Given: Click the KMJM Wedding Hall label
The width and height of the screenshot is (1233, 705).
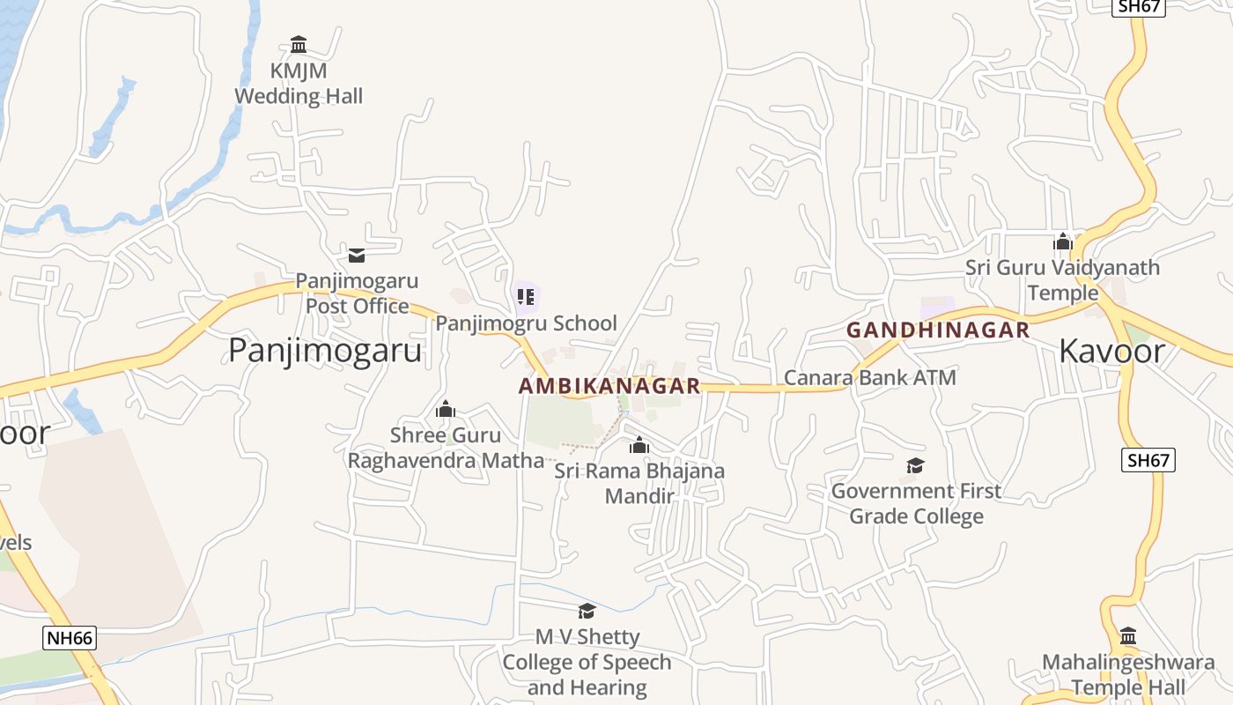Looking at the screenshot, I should pyautogui.click(x=298, y=84).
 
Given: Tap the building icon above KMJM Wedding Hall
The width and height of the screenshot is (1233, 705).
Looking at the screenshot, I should pyautogui.click(x=299, y=44).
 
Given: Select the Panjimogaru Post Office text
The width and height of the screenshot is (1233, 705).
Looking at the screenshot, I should pyautogui.click(x=357, y=293).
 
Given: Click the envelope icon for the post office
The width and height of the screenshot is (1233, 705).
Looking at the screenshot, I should pyautogui.click(x=357, y=256).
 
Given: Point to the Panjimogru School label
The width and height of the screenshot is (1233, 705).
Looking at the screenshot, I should pyautogui.click(x=526, y=323).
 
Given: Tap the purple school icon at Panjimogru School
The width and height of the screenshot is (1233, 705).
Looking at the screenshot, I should pyautogui.click(x=526, y=297).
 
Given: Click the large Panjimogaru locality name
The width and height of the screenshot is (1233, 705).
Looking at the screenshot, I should pyautogui.click(x=325, y=351).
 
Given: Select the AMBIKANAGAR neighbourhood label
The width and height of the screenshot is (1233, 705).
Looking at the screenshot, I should pyautogui.click(x=609, y=386).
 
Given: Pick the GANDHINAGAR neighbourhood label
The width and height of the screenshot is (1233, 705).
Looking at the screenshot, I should pyautogui.click(x=938, y=330).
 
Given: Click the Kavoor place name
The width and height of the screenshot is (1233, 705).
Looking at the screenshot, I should pyautogui.click(x=1111, y=351).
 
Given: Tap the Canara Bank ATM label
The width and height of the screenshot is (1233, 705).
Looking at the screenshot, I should pyautogui.click(x=869, y=377).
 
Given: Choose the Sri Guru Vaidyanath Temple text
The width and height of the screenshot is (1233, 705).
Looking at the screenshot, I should pyautogui.click(x=1062, y=279).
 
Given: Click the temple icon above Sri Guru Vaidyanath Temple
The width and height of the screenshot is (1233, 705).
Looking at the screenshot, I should pyautogui.click(x=1063, y=241).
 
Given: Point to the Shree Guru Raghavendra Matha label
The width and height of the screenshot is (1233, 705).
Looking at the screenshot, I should pyautogui.click(x=446, y=448).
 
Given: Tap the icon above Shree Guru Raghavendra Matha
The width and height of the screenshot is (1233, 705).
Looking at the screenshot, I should pyautogui.click(x=446, y=409).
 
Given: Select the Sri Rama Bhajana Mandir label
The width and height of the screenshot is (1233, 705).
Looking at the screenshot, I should pyautogui.click(x=639, y=483).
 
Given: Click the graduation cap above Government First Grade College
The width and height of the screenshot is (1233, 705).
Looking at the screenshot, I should pyautogui.click(x=916, y=465).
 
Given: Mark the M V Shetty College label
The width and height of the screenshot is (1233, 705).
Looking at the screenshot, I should pyautogui.click(x=587, y=662).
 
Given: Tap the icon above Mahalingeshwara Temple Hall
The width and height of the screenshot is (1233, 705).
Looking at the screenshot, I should pyautogui.click(x=1128, y=636).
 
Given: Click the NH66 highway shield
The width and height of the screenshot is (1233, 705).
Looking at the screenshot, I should pyautogui.click(x=69, y=638).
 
